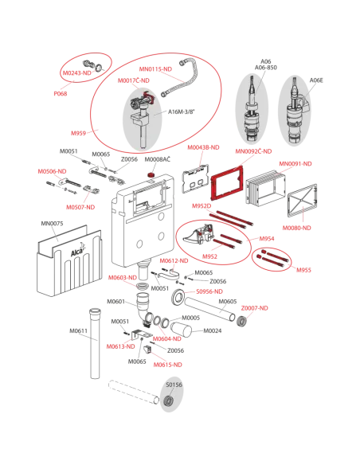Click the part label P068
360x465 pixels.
click(61, 94)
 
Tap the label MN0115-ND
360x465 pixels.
click(155, 69)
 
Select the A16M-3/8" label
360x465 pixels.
click(181, 111)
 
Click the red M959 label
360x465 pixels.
click(78, 133)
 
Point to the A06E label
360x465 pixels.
click(316, 80)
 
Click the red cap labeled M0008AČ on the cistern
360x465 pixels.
click(151, 174)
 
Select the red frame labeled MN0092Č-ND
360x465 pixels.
click(227, 183)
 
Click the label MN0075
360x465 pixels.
click(52, 224)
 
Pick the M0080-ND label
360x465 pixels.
click(296, 228)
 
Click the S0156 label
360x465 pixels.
click(174, 385)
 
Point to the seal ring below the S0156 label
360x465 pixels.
click(169, 401)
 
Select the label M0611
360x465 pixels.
click(78, 330)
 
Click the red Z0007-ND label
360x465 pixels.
click(254, 308)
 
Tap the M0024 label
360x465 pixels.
click(213, 330)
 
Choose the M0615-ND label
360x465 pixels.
click(167, 365)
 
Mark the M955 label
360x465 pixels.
click(303, 270)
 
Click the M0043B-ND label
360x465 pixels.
click(203, 147)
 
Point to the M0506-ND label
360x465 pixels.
click(52, 171)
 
